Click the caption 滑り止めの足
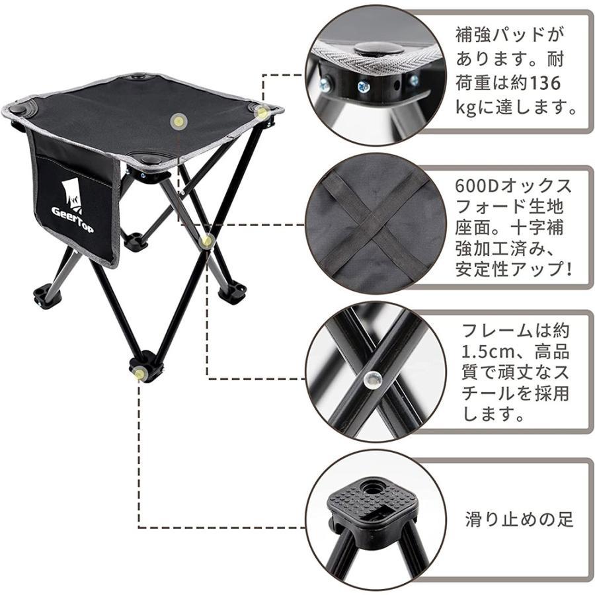tap(519, 520)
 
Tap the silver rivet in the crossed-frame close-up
tap(371, 379)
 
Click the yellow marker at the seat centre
tap(178, 122)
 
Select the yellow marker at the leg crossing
tap(207, 241)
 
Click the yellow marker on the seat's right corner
tap(262, 112)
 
